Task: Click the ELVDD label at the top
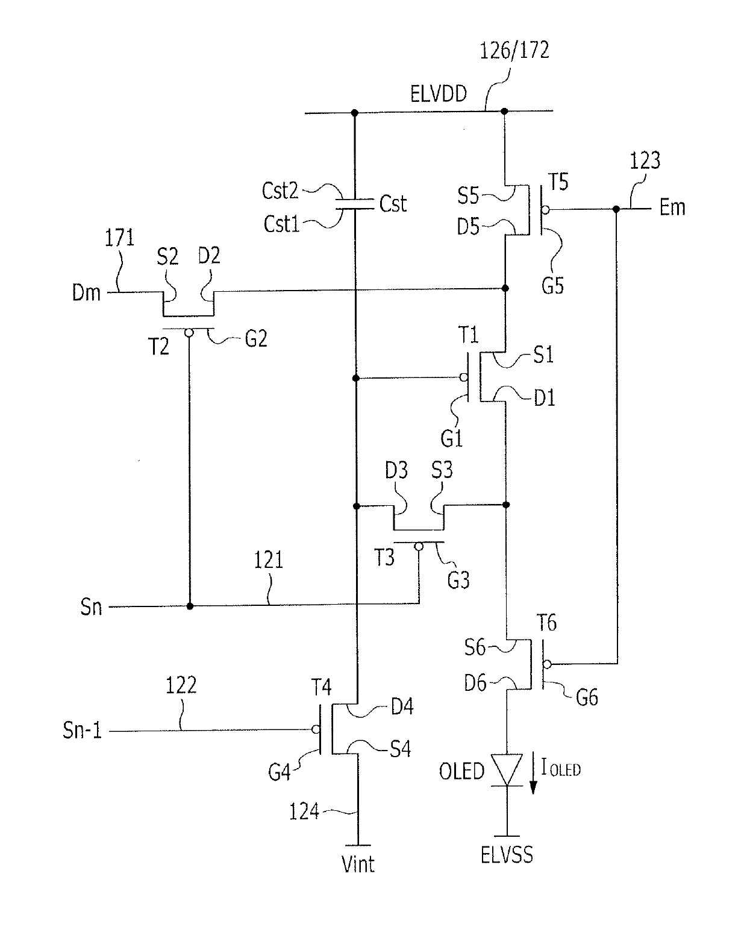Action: pyautogui.click(x=438, y=93)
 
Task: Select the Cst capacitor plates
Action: pyautogui.click(x=355, y=204)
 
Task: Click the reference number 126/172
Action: pyautogui.click(x=514, y=51)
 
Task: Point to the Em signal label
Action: pyautogui.click(x=672, y=207)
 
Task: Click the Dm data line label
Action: pyautogui.click(x=86, y=293)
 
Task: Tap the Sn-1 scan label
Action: pyautogui.click(x=82, y=730)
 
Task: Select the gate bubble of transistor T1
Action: pyautogui.click(x=463, y=378)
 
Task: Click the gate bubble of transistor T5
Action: pyautogui.click(x=545, y=210)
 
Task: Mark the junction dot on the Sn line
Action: pyautogui.click(x=190, y=606)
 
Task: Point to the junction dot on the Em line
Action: pyautogui.click(x=616, y=209)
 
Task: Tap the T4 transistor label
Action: pyautogui.click(x=321, y=687)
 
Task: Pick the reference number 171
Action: pyautogui.click(x=119, y=238)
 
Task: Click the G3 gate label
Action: pyautogui.click(x=458, y=580)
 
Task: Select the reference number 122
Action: pyautogui.click(x=181, y=685)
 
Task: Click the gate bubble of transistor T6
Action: pyautogui.click(x=547, y=664)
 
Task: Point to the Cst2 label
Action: pyautogui.click(x=280, y=191)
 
